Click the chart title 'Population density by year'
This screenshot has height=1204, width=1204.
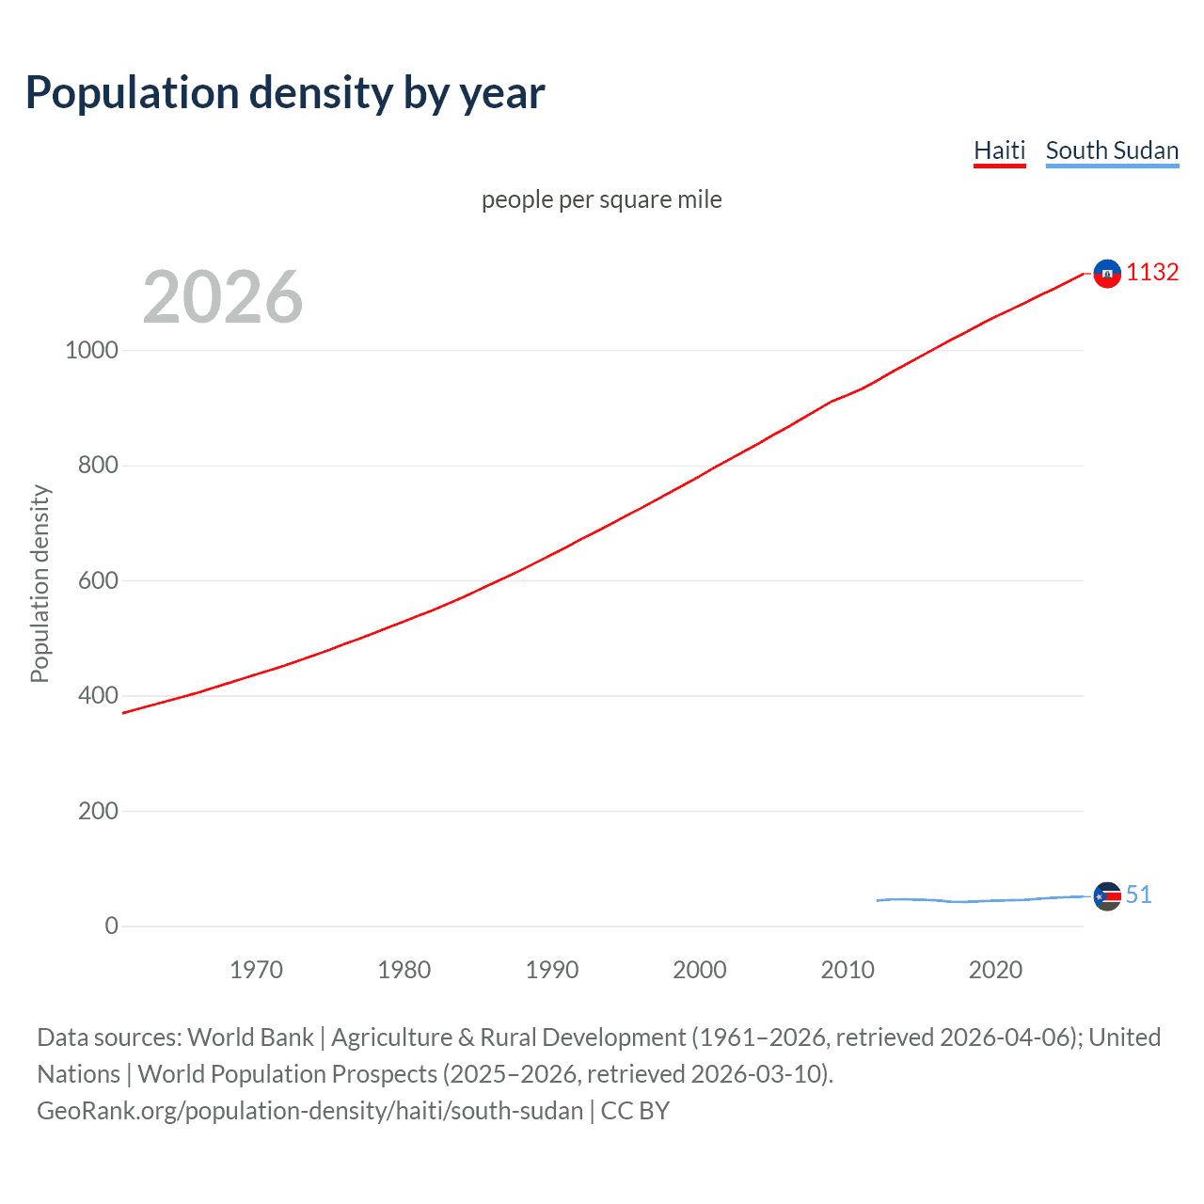(285, 93)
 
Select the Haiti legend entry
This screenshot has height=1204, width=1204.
(999, 150)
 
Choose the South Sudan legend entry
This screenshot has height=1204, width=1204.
(1112, 150)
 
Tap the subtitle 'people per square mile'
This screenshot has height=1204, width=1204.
(601, 199)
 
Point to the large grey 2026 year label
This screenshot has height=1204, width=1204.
(223, 297)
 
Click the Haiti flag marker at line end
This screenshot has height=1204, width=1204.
(1107, 274)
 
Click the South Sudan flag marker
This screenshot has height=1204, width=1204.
(1107, 896)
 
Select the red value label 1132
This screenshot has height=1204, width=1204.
(1152, 273)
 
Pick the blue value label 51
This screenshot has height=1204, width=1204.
(1138, 895)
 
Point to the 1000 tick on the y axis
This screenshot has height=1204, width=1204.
(92, 351)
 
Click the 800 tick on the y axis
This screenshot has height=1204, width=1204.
(98, 466)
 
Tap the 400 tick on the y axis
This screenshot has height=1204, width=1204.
(98, 696)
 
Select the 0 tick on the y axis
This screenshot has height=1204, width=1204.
(112, 927)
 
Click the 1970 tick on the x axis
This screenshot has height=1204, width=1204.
(256, 970)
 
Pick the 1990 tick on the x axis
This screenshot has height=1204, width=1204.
(552, 970)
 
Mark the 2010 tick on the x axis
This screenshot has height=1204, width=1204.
(848, 970)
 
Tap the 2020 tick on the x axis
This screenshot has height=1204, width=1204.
(995, 970)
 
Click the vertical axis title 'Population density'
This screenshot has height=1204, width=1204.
(40, 583)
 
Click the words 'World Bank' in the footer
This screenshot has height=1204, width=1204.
(250, 1038)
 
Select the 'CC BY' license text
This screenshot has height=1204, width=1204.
(635, 1111)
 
